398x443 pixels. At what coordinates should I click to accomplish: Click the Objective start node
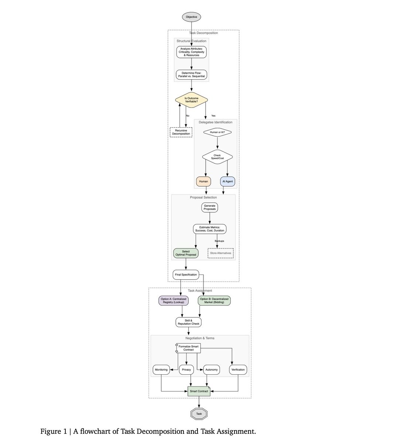click(x=191, y=17)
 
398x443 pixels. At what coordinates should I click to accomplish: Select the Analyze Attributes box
click(x=191, y=52)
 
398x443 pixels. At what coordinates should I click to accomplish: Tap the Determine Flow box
click(x=191, y=75)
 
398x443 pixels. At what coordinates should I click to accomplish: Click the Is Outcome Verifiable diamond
click(x=191, y=100)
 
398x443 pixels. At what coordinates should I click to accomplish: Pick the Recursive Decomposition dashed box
click(x=181, y=132)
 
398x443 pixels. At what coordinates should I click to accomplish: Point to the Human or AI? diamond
click(x=217, y=132)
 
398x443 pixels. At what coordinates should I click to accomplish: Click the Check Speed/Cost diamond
click(x=217, y=157)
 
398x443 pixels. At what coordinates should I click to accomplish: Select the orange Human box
click(x=203, y=182)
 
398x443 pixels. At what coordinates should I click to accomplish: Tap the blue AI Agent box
click(x=227, y=182)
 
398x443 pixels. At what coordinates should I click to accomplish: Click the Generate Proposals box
click(x=210, y=207)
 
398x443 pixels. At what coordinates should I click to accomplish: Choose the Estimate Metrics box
click(x=209, y=229)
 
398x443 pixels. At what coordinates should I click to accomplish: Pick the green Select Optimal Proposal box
click(x=186, y=253)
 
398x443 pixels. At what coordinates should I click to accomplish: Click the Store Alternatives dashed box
click(x=221, y=253)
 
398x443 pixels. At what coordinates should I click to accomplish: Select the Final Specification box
click(x=186, y=275)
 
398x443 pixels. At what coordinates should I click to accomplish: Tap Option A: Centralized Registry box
click(x=174, y=301)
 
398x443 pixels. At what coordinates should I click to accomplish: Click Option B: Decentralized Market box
click(x=214, y=301)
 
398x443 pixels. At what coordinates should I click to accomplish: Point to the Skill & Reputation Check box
click(x=188, y=322)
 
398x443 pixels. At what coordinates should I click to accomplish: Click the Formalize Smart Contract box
click(x=188, y=348)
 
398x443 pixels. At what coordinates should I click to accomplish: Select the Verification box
click(x=238, y=370)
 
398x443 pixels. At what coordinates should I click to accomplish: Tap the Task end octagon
click(x=199, y=414)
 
